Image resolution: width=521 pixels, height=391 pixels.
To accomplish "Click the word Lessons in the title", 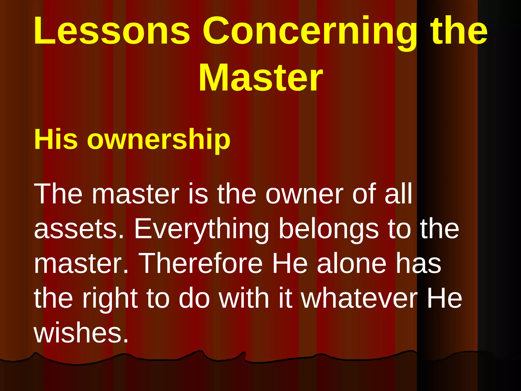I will point(112,31).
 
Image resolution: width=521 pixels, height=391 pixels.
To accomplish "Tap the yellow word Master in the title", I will point(260,77).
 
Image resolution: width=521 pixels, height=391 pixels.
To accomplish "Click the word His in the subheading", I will point(56,139).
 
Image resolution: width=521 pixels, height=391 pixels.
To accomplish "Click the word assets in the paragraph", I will point(79,229).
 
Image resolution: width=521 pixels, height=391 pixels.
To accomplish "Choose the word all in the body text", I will point(398,194).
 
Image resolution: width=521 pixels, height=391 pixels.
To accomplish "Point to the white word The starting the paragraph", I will point(58,194).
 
